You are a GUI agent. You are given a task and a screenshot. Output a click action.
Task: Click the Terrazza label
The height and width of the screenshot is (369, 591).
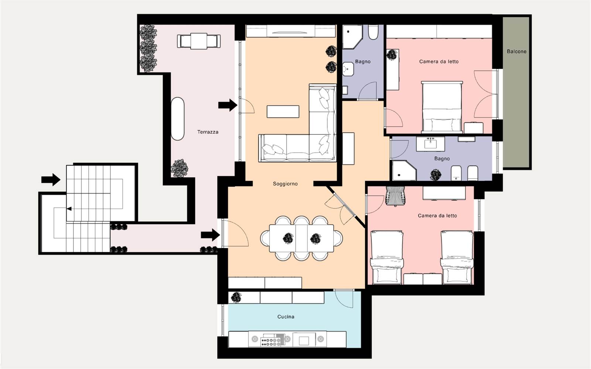208,132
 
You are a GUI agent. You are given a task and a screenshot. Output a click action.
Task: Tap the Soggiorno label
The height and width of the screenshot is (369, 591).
285,184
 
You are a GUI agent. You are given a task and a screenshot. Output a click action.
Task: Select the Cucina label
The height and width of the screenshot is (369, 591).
286,317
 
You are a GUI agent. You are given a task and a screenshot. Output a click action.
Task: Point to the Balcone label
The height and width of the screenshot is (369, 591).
517,51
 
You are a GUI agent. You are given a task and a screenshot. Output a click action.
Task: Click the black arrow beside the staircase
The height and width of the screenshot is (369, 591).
51,180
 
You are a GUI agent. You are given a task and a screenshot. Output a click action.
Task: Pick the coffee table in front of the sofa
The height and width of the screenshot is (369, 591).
283,112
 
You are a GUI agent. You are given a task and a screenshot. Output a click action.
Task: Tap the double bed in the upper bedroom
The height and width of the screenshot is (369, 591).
442,106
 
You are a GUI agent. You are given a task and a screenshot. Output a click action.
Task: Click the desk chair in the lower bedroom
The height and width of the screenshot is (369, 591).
395,196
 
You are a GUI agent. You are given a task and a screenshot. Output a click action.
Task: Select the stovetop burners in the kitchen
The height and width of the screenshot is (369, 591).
271,342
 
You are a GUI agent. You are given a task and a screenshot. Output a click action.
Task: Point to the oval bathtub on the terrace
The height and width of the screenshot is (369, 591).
178,119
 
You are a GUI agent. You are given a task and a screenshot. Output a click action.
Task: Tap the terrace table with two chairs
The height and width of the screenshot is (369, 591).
199,41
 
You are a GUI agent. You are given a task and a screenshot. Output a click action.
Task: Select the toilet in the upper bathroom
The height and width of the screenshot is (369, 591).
373,32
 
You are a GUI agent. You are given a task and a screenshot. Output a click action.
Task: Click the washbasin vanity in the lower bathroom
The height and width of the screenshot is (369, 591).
430,144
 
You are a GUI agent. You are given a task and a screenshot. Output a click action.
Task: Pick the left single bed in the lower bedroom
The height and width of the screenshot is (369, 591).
387,257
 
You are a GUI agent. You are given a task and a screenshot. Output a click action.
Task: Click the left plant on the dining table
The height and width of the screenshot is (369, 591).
288,239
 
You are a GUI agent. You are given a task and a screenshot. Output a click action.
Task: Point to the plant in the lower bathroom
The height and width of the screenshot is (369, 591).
435,175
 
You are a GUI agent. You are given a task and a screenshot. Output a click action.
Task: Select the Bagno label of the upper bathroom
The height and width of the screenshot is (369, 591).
363,61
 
